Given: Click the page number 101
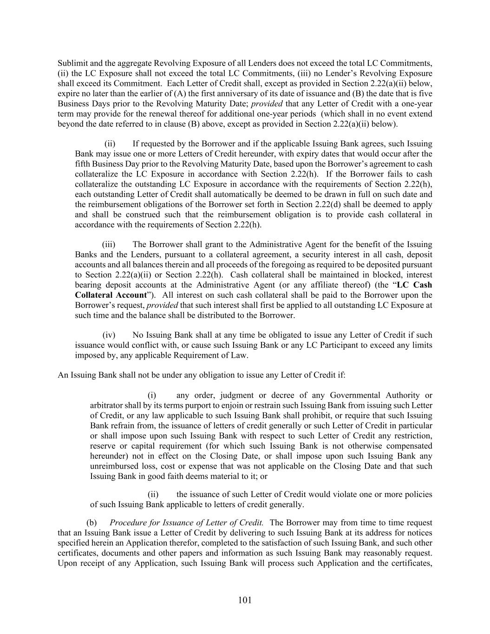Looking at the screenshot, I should coord(245,600).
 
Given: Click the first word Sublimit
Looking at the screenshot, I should coord(72,63).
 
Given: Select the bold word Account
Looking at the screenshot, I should coord(132,295).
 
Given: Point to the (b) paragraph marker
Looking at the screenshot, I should coord(91,523).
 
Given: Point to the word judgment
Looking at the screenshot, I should coord(236,396).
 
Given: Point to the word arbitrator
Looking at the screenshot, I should coord(106,406).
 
